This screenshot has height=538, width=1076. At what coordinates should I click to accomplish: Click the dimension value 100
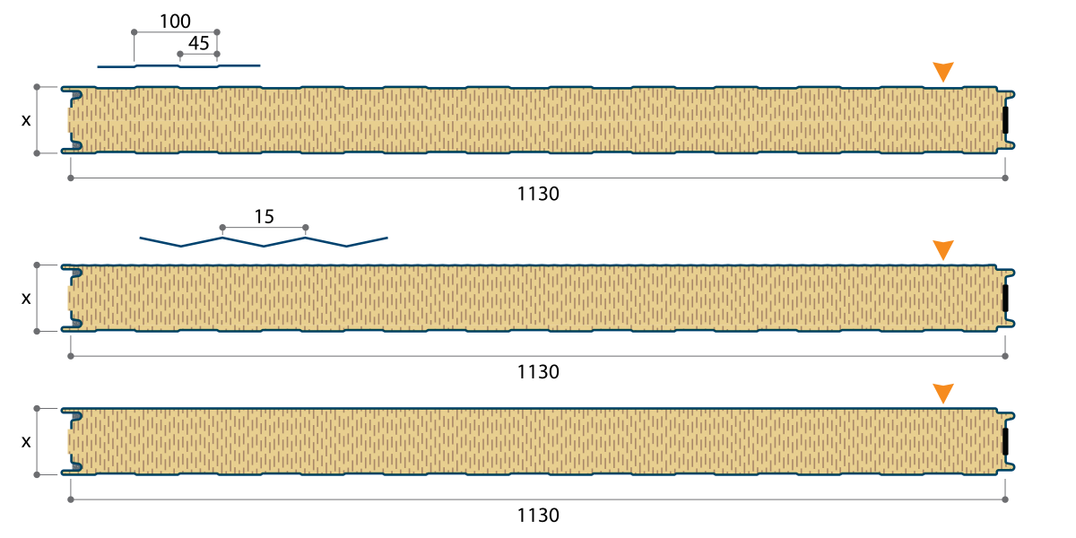point(175,22)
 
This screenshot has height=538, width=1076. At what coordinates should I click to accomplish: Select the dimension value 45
point(199,44)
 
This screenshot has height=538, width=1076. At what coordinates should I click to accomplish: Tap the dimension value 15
point(265,217)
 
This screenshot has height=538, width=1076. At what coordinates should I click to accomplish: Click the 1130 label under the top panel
point(538,194)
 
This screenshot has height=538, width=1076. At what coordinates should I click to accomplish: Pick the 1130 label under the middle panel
point(538,372)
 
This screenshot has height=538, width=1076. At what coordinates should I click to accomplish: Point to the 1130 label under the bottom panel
point(538,516)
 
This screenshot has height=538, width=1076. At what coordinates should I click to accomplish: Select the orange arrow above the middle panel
point(943,250)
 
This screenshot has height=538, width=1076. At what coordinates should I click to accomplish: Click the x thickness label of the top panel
point(26,120)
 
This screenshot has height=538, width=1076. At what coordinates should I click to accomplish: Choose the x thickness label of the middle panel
point(26,299)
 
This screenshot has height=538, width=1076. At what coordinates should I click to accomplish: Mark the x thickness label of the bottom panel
point(26,441)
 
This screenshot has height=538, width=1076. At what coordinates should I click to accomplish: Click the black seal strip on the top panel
point(1005,120)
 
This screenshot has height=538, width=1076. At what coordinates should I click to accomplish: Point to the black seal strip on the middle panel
point(1005,299)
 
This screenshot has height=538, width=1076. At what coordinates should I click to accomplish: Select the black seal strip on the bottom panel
point(1005,441)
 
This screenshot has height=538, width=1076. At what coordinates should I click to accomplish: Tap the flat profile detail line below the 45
point(178,66)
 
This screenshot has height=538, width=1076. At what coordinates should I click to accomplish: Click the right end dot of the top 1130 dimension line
point(1005,178)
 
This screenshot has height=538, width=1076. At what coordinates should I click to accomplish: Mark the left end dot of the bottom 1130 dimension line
point(71,499)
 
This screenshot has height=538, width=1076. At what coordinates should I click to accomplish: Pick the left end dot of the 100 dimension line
point(134,32)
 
